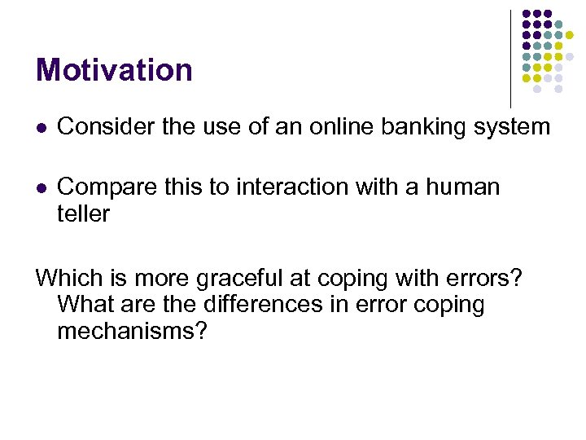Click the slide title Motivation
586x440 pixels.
pyautogui.click(x=114, y=70)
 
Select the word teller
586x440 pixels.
pyautogui.click(x=83, y=213)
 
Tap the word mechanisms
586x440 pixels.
pyautogui.click(x=133, y=331)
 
